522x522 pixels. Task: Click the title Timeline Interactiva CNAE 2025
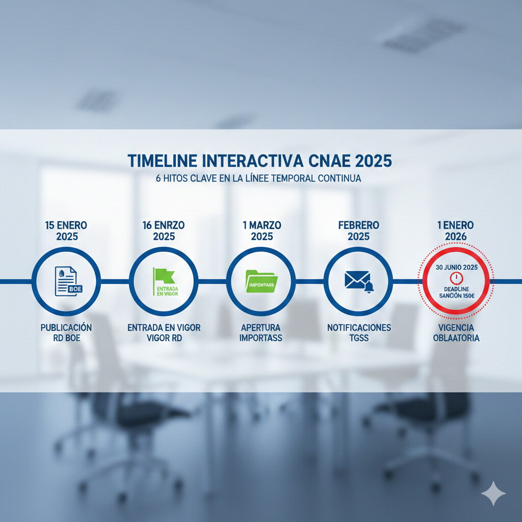pyautogui.click(x=259, y=161)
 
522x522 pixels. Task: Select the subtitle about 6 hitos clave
pyautogui.click(x=258, y=179)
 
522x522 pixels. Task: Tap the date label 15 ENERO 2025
pyautogui.click(x=66, y=231)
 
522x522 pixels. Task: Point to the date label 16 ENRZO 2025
pyautogui.click(x=164, y=231)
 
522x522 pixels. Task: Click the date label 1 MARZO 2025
pyautogui.click(x=261, y=231)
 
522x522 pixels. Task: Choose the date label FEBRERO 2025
pyautogui.click(x=359, y=231)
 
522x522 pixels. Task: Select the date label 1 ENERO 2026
pyautogui.click(x=455, y=231)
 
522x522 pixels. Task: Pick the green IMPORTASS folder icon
pyautogui.click(x=261, y=281)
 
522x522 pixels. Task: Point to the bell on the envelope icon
pyautogui.click(x=369, y=288)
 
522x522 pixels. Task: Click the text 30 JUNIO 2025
pyautogui.click(x=455, y=267)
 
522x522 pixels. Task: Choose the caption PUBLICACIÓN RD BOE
pyautogui.click(x=66, y=332)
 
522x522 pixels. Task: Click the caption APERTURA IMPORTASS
pyautogui.click(x=261, y=332)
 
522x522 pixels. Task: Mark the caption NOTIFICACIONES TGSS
pyautogui.click(x=359, y=332)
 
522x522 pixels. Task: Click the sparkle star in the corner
pyautogui.click(x=493, y=493)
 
